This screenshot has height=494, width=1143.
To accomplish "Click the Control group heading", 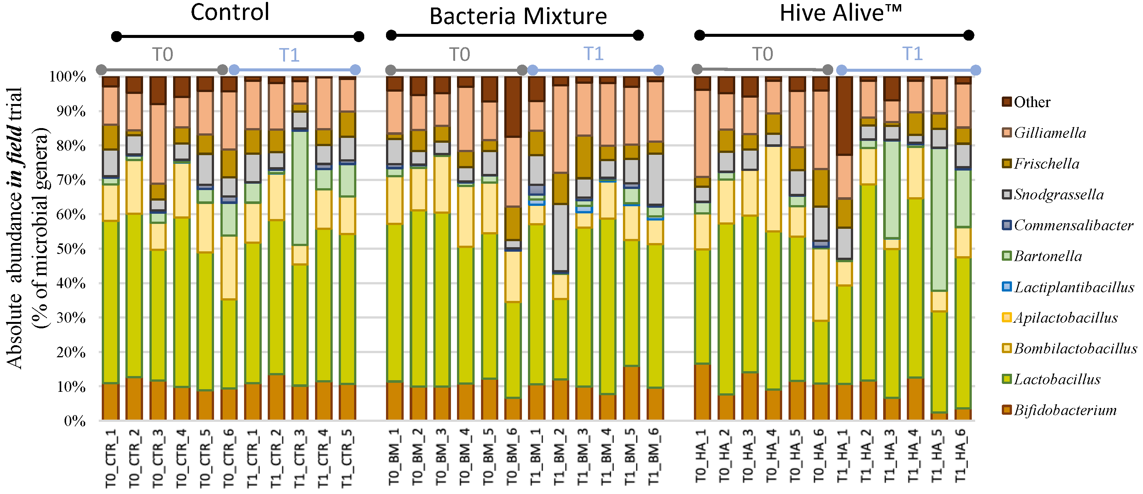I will coord(230,12).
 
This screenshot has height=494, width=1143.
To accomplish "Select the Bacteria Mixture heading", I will coord(518,17).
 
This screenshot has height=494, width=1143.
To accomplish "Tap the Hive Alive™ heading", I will coord(840,13).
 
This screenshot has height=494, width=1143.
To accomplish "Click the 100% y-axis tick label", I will coord(68,77).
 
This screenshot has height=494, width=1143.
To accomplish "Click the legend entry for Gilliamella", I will coord(1050,133).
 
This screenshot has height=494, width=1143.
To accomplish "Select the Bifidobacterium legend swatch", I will coord(1007,410).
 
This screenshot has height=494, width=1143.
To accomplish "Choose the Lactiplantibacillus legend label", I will coord(1074,287).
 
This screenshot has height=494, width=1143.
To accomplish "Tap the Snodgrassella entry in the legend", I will coord(1058,194).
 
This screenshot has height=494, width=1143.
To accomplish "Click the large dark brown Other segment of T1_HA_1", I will coord(844,115).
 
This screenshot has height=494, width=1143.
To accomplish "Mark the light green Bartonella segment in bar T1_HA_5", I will coord(939,220).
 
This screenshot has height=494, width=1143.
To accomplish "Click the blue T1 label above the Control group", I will coord(289,56).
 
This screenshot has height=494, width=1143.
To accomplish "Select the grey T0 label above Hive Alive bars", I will coord(762,54).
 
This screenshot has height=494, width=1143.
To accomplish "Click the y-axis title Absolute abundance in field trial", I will coord(14,227).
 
